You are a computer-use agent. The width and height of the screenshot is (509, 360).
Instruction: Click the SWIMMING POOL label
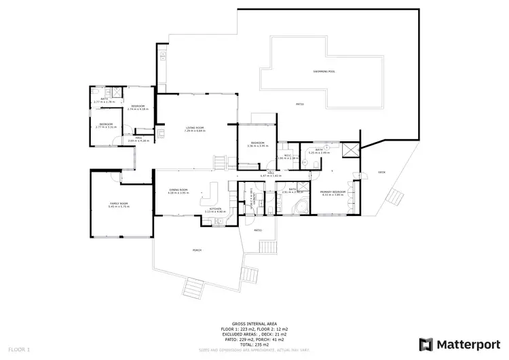point(324,71)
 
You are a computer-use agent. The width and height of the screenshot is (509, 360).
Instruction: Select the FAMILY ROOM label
point(119,203)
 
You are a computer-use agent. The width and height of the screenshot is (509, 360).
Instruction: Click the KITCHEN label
point(214,208)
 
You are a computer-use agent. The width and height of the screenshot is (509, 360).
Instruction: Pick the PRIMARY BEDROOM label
point(333,192)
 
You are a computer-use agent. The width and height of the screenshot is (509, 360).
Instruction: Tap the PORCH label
point(197,250)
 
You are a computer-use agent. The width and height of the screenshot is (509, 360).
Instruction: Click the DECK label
point(381,173)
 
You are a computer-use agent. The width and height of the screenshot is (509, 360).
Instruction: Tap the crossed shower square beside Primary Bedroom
point(351,151)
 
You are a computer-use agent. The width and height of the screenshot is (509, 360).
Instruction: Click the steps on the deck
point(394,198)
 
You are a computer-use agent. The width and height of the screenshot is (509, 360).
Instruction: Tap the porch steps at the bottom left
point(195,291)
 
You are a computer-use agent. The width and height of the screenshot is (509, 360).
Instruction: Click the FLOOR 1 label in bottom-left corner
point(20,349)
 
